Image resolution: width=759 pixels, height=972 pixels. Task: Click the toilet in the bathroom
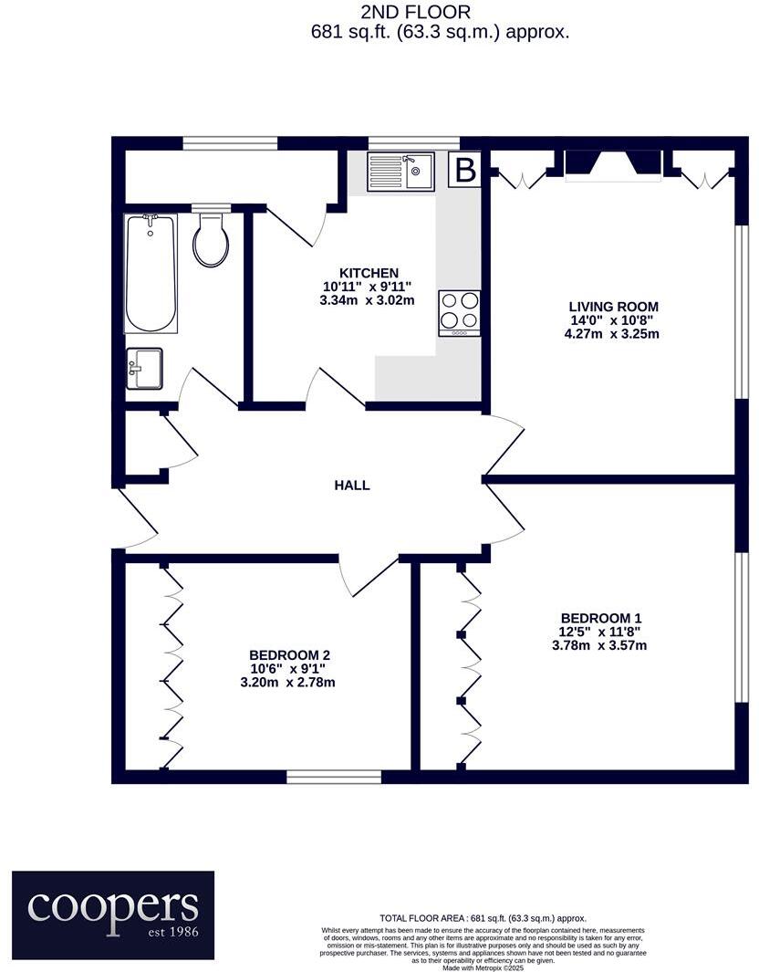point(211,239)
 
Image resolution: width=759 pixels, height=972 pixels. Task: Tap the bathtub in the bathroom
point(151,272)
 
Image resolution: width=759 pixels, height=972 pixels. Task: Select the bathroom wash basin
point(143,368)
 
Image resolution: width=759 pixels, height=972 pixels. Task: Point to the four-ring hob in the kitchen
point(460,311)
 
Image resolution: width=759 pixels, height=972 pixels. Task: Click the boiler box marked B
point(465,170)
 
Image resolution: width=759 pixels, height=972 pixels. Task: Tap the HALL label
point(351,486)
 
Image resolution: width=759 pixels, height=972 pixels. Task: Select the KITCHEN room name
point(369,273)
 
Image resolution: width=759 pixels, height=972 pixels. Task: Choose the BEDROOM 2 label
point(288,654)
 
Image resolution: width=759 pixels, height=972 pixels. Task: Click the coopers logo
point(113,908)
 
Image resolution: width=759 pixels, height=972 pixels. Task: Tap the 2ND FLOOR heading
point(415,12)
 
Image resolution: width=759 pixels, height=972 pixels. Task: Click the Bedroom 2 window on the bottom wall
point(334,777)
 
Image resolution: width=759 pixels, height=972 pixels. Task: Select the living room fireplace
point(613,163)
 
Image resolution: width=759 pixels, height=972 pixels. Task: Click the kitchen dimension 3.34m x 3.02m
point(369,299)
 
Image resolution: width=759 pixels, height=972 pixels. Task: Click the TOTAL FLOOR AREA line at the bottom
point(483,918)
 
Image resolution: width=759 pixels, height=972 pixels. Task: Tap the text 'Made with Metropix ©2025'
point(483,967)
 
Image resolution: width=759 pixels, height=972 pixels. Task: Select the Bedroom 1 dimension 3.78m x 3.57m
point(601,645)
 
